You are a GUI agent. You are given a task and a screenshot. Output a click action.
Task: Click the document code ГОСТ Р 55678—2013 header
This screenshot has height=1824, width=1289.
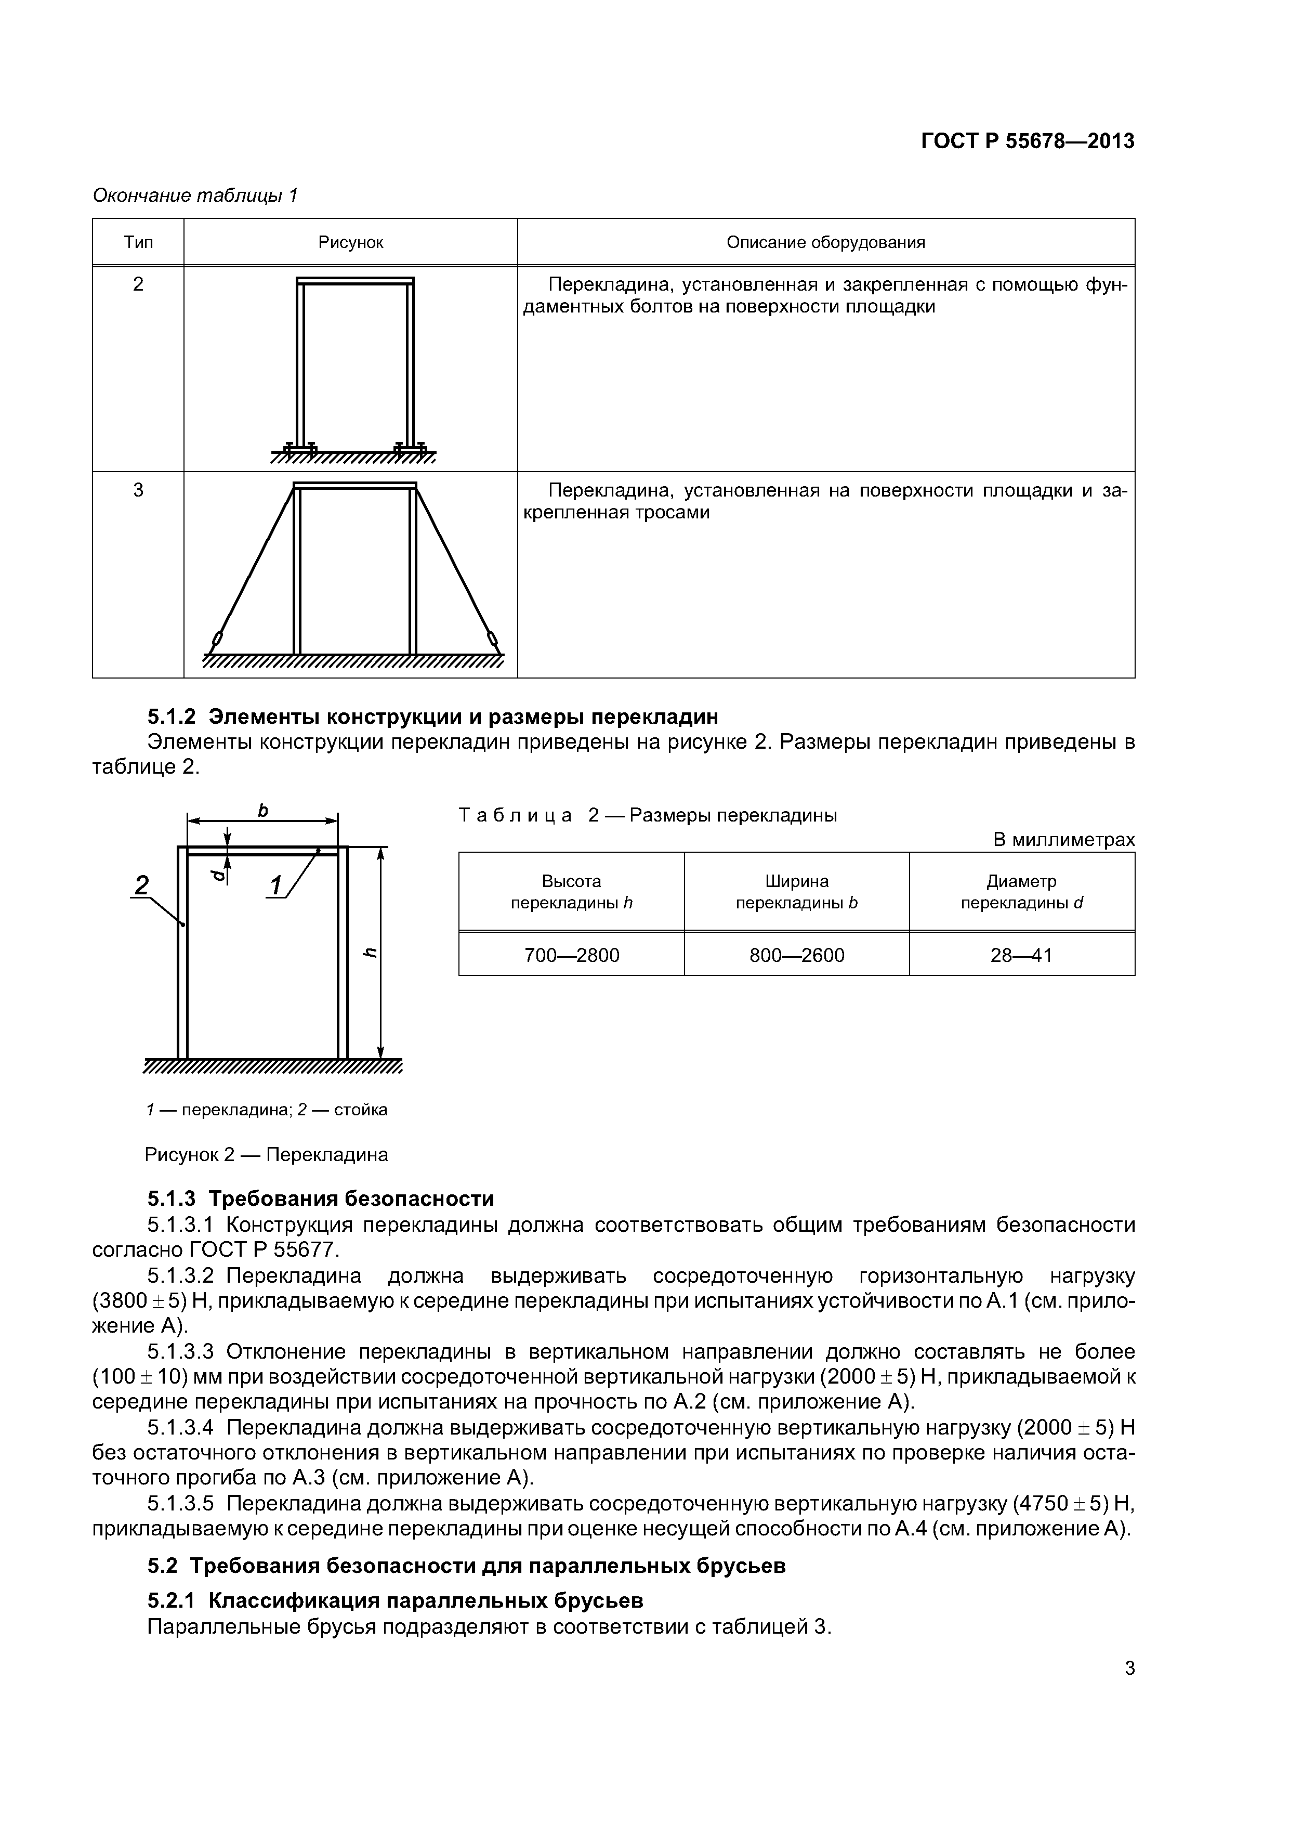tap(1027, 141)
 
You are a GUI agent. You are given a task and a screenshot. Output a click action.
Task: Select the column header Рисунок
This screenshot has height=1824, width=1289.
tap(350, 242)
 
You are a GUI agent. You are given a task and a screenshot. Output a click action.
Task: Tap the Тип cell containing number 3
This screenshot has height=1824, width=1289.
tap(138, 490)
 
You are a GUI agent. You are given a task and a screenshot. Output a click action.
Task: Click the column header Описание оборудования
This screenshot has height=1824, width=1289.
tap(825, 242)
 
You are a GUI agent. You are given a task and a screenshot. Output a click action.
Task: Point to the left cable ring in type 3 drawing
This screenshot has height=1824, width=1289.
tap(216, 639)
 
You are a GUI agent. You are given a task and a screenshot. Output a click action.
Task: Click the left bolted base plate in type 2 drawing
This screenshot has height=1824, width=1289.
tap(299, 450)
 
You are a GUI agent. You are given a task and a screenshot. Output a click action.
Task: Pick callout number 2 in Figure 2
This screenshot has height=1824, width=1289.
tap(142, 885)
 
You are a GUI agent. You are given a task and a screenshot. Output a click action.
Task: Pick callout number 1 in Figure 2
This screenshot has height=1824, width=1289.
tap(277, 885)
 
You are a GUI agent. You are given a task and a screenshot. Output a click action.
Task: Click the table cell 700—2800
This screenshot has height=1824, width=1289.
tap(571, 955)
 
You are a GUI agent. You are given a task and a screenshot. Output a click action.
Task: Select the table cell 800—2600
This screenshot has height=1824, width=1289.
tap(797, 955)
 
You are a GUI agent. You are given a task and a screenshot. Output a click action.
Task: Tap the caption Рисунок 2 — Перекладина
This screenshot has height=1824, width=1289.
tap(266, 1154)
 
